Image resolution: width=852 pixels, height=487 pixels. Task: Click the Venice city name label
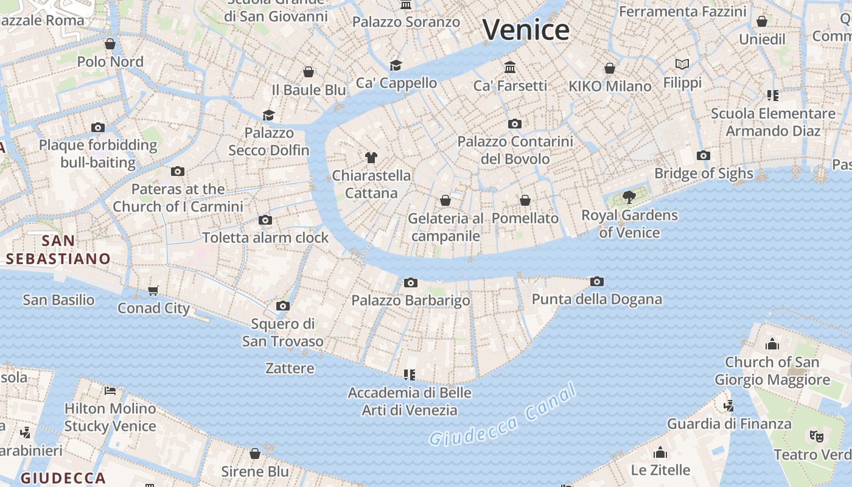[526, 30]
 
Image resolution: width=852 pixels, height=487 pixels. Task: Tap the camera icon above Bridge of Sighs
[704, 155]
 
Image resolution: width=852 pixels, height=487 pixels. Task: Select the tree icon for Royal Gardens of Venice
[629, 197]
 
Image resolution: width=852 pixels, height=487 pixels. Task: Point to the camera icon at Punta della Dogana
[597, 281]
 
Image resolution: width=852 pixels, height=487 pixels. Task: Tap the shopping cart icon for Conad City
[153, 290]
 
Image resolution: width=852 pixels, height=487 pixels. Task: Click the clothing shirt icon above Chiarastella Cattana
[371, 158]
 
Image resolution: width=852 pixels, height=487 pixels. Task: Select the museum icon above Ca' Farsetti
[510, 67]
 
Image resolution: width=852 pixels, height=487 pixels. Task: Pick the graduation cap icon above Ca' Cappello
[396, 65]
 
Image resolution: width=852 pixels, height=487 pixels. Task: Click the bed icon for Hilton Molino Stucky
[110, 390]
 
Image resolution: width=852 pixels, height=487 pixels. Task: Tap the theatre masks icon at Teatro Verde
[815, 436]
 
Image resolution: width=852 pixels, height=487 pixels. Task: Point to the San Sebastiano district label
[58, 250]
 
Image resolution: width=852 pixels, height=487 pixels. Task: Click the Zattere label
[290, 368]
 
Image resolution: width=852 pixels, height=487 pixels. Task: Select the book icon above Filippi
[682, 64]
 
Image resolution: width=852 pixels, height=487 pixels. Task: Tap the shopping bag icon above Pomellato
[525, 200]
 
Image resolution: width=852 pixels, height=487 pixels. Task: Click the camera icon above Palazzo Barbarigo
[411, 282]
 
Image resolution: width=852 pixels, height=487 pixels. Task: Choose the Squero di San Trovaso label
[283, 332]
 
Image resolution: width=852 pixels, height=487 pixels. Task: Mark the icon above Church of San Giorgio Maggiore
[772, 344]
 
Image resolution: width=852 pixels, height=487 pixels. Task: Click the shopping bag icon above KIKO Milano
[610, 68]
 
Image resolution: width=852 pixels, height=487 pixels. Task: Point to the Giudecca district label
[63, 477]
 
